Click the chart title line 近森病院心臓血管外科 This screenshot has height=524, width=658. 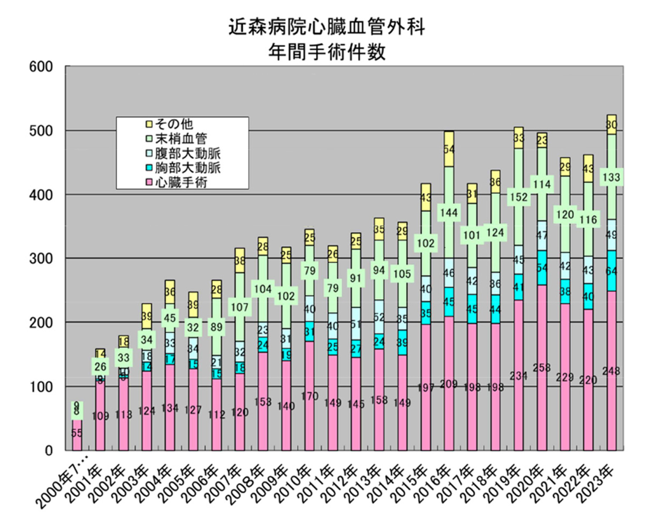click(327, 28)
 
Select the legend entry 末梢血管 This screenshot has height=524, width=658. click(181, 139)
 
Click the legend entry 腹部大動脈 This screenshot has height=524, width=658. click(188, 153)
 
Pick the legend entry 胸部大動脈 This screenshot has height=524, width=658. click(188, 168)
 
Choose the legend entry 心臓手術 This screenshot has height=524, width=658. click(181, 182)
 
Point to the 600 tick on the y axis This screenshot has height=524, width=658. click(41, 67)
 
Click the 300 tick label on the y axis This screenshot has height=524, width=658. click(41, 259)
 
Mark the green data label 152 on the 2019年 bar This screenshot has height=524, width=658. click(519, 197)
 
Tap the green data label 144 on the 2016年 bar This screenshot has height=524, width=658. click(449, 212)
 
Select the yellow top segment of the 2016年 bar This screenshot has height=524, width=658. click(449, 149)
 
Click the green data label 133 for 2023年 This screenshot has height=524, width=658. click(611, 177)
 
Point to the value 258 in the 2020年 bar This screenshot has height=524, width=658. click(542, 368)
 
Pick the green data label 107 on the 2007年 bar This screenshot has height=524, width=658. click(239, 307)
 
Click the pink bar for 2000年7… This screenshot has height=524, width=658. click(77, 436)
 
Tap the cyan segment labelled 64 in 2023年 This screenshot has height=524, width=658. click(612, 270)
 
